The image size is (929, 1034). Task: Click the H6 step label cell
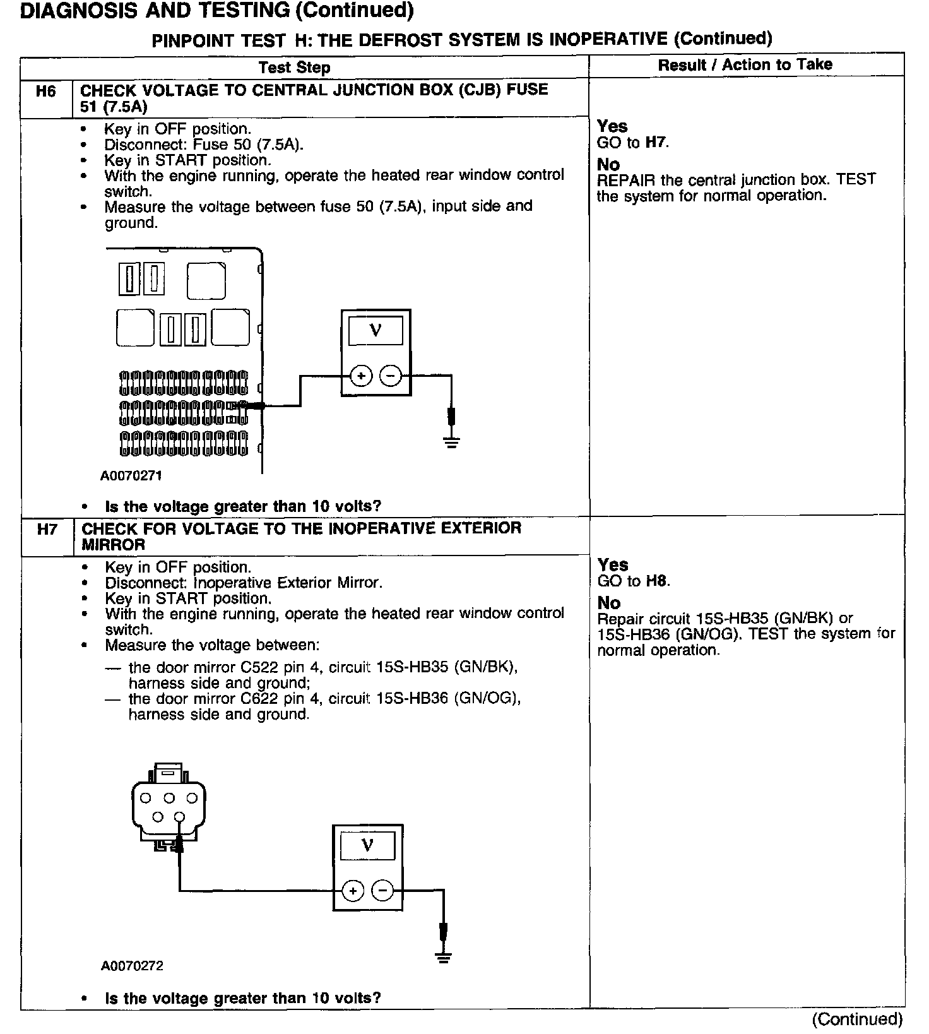(46, 92)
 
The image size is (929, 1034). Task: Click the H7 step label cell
(47, 530)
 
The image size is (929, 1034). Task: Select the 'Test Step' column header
(294, 68)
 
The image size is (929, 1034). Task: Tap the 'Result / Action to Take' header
(745, 64)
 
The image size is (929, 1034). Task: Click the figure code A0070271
(131, 476)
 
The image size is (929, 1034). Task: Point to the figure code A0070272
(131, 966)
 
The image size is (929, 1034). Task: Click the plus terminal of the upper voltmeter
(361, 376)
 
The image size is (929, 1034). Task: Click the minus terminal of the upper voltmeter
(391, 376)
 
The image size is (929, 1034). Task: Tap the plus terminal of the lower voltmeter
(353, 891)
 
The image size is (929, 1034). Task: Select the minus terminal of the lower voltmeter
(382, 891)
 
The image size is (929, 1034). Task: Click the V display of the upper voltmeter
(376, 330)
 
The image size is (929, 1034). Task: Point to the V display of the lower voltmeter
(367, 845)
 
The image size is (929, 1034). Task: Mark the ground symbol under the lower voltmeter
(444, 957)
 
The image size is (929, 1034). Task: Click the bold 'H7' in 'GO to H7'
(656, 143)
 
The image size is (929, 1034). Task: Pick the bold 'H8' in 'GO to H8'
(656, 581)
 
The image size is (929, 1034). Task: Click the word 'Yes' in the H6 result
(612, 126)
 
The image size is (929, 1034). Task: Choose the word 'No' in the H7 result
(609, 603)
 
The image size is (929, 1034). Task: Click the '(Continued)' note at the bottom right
(857, 1019)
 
